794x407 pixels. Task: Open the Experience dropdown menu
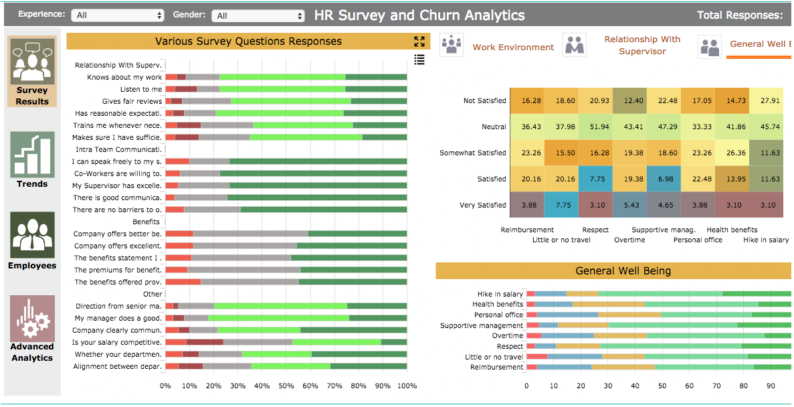pos(119,15)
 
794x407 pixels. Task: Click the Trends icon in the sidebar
pos(32,155)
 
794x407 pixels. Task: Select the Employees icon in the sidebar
pos(32,235)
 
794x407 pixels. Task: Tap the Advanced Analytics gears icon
pos(32,319)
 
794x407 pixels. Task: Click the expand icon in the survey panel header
pos(419,42)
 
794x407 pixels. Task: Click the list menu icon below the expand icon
pos(419,60)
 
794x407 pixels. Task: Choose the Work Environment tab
pos(513,48)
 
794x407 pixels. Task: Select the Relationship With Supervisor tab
pos(642,46)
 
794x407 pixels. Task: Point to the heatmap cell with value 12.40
pos(629,100)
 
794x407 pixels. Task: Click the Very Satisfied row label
pos(483,205)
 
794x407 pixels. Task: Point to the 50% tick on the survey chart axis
pos(286,386)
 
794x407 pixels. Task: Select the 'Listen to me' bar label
pos(140,89)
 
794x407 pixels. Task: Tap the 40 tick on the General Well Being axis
pos(635,386)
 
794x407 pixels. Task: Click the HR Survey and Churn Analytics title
pos(419,15)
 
